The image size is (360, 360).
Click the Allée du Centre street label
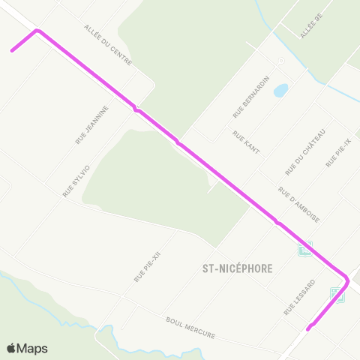tap(109, 44)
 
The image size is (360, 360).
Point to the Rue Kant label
tap(246, 142)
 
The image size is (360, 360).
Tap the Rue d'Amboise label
tap(299, 205)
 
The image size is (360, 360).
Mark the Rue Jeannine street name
tap(92, 124)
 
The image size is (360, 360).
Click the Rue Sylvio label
tap(76, 181)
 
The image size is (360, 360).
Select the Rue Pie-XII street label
tap(148, 267)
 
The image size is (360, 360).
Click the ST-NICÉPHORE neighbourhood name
tap(237, 268)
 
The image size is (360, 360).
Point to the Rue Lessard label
tap(299, 297)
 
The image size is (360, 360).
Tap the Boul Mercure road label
tap(190, 327)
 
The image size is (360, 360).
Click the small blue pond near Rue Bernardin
tap(280, 91)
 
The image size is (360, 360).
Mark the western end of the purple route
tap(12, 51)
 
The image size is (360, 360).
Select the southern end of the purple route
tap(308, 328)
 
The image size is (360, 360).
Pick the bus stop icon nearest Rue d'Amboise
tap(305, 248)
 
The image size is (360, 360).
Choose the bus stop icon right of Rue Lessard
tap(337, 296)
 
